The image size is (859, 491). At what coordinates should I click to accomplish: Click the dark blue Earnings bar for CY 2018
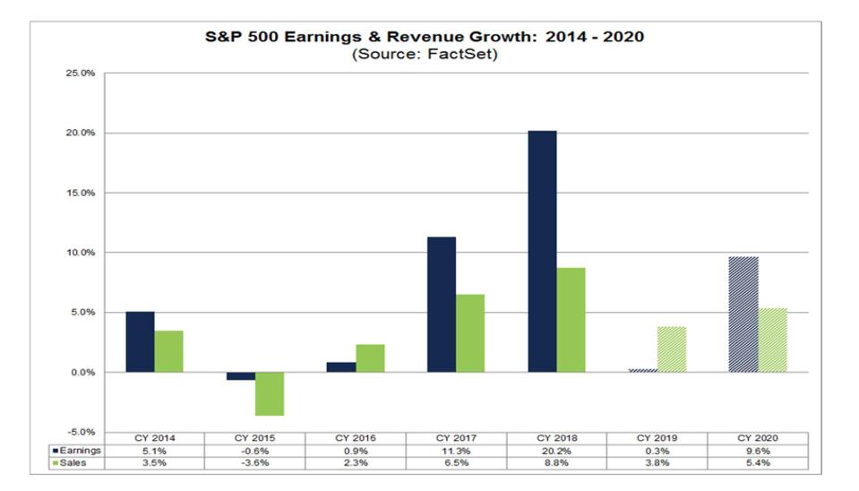pyautogui.click(x=542, y=251)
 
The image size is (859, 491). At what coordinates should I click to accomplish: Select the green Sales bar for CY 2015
pyautogui.click(x=270, y=393)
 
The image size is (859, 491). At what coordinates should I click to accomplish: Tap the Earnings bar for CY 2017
pyautogui.click(x=442, y=304)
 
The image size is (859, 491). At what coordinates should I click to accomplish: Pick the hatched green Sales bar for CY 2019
pyautogui.click(x=672, y=349)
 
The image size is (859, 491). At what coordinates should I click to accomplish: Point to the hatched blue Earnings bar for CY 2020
pyautogui.click(x=743, y=314)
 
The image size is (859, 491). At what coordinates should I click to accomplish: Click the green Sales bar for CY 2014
pyautogui.click(x=168, y=351)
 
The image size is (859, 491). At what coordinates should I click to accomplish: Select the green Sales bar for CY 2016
pyautogui.click(x=370, y=358)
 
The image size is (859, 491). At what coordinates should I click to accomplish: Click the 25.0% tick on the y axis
pyautogui.click(x=81, y=73)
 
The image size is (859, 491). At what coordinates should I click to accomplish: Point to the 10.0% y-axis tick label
pyautogui.click(x=81, y=253)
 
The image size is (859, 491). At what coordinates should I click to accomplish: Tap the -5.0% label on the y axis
pyautogui.click(x=81, y=433)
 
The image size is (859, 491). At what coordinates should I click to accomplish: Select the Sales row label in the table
pyautogui.click(x=75, y=463)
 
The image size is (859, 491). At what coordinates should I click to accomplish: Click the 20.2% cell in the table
pyautogui.click(x=557, y=451)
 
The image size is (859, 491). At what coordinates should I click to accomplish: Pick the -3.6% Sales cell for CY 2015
pyautogui.click(x=255, y=463)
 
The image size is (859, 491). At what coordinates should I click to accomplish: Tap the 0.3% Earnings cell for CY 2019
pyautogui.click(x=657, y=451)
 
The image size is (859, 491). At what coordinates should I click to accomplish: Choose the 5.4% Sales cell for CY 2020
pyautogui.click(x=758, y=463)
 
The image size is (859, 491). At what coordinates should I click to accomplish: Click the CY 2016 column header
pyautogui.click(x=356, y=438)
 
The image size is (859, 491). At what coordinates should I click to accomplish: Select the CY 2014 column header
pyautogui.click(x=155, y=438)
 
